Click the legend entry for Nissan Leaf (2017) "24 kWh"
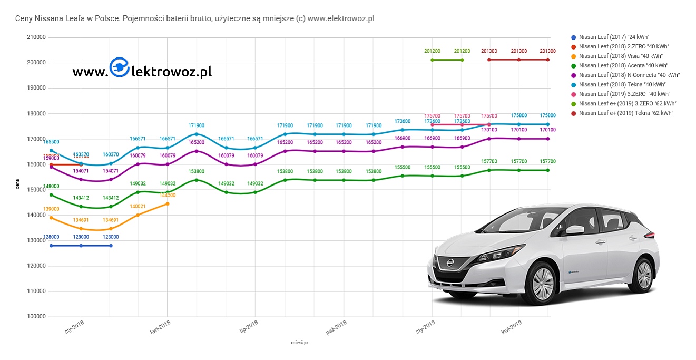(x=611, y=37)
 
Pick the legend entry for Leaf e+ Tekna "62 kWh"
(x=621, y=113)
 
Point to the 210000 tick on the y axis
(x=36, y=37)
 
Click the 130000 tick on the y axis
(x=36, y=240)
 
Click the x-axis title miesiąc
(x=299, y=343)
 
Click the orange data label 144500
(x=168, y=196)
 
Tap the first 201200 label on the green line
(x=432, y=51)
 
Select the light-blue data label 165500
(x=51, y=142)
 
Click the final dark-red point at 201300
(x=548, y=60)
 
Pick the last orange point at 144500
(x=168, y=203)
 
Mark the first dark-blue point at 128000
(x=51, y=246)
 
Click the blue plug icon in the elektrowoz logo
(x=119, y=67)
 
